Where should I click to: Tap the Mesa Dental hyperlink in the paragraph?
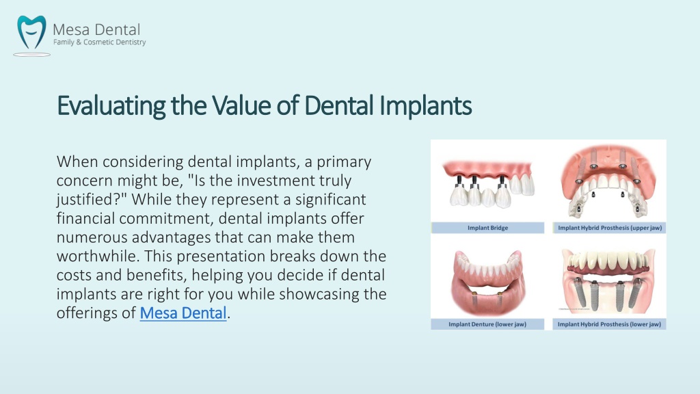click(x=183, y=313)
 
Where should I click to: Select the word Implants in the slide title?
click(x=425, y=106)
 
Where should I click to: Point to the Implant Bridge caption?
click(x=487, y=228)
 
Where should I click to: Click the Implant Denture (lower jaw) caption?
click(x=487, y=324)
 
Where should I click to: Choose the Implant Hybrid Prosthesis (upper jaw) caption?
click(x=610, y=228)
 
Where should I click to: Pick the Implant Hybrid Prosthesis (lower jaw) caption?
click(x=609, y=324)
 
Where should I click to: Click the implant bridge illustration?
click(x=488, y=183)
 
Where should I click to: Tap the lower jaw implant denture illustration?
click(x=487, y=280)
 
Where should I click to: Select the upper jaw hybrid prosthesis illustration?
click(x=608, y=181)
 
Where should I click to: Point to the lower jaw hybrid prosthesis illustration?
click(x=608, y=280)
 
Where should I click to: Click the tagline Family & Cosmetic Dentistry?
click(x=100, y=42)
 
